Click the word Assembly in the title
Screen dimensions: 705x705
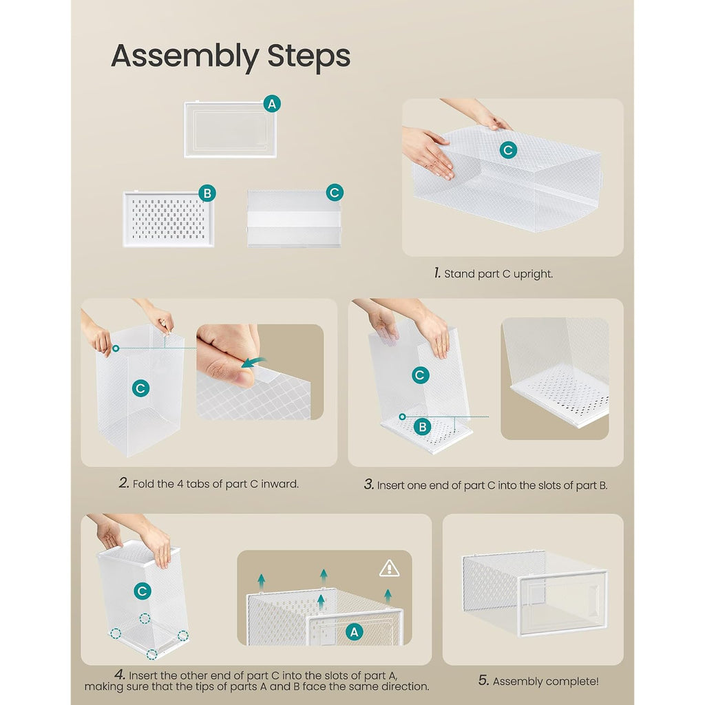[185, 56]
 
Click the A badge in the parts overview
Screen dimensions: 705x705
[272, 104]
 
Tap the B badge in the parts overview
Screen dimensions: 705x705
[207, 193]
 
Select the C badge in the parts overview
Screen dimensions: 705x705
[335, 193]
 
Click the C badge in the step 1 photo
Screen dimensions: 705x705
[508, 150]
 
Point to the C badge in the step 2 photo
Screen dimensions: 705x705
[140, 388]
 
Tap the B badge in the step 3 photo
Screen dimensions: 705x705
[422, 427]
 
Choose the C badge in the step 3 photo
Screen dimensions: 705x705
[420, 375]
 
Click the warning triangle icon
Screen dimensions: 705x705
[390, 568]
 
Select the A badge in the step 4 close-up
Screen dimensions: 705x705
[355, 632]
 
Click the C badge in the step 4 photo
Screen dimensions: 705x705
[143, 591]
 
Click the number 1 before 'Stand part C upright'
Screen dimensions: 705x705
[437, 273]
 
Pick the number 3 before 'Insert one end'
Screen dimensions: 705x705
[369, 484]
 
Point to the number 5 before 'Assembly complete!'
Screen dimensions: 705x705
[483, 680]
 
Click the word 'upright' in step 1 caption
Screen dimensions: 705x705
[533, 274]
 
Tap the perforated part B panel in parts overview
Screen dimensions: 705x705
[169, 219]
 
